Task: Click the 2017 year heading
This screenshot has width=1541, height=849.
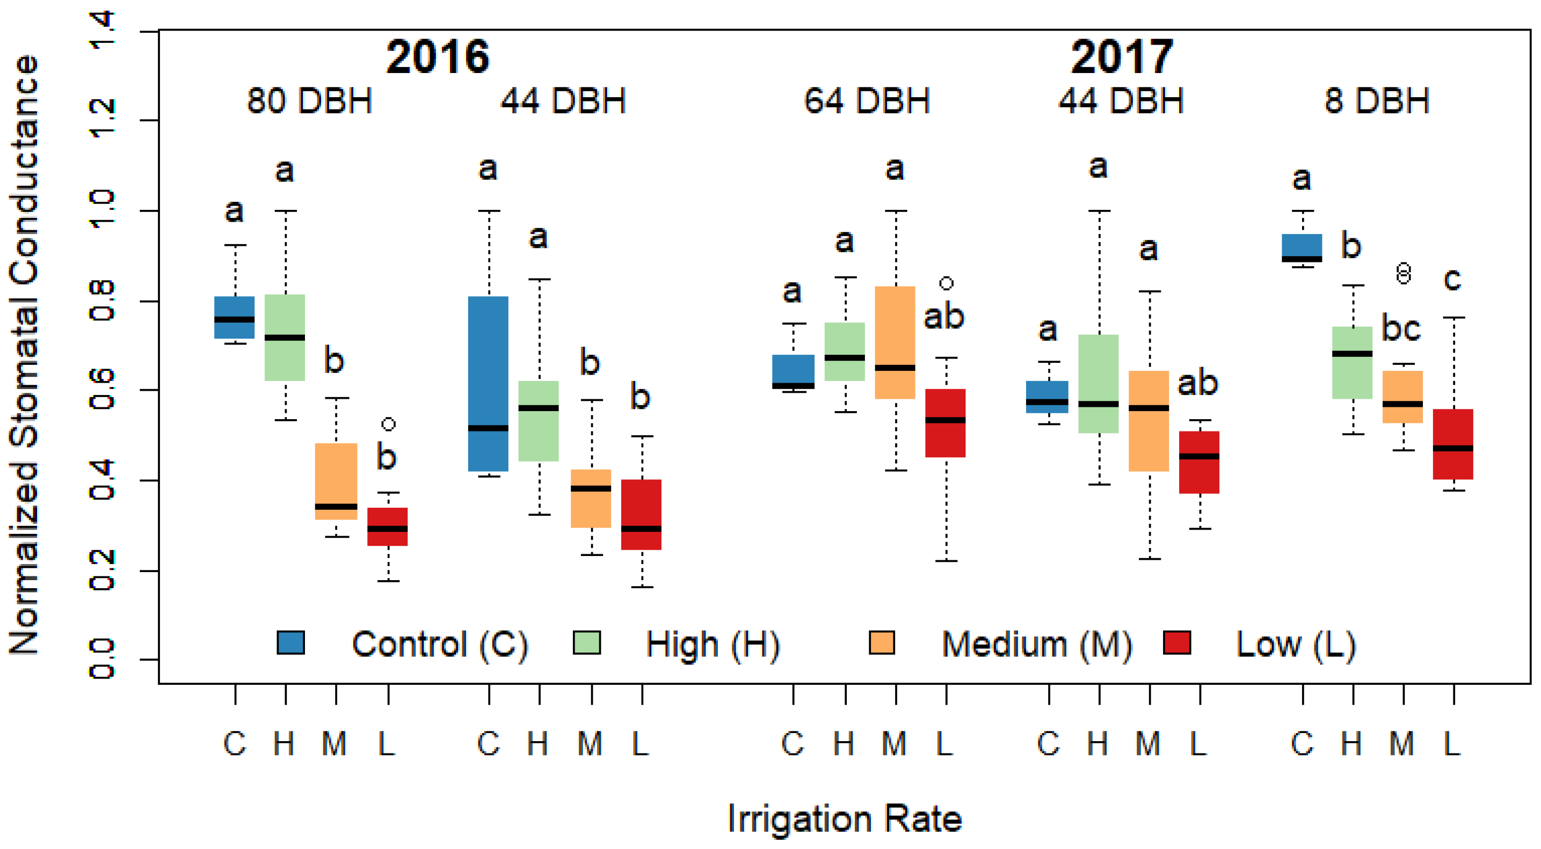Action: [1122, 57]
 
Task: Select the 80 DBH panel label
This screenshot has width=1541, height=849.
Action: [309, 100]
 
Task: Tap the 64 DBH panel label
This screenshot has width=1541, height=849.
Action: [866, 100]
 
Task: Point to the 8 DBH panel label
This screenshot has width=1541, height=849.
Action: [1377, 100]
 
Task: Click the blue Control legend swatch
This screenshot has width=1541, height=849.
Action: [290, 643]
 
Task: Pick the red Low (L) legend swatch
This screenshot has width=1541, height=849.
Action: [1176, 643]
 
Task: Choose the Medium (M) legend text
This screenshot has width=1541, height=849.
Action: [1036, 645]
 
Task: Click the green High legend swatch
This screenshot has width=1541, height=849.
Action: [586, 643]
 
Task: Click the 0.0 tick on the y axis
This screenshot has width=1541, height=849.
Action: [101, 659]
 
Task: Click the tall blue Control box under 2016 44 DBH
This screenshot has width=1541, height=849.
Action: [488, 383]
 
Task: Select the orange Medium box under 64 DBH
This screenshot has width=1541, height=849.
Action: [895, 342]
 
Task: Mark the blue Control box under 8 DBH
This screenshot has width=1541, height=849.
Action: [1302, 247]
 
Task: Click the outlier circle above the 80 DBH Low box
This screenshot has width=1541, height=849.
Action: [388, 424]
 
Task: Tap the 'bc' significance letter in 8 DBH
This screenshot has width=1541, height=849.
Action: [1401, 328]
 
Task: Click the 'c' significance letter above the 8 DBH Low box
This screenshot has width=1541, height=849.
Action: [1452, 279]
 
